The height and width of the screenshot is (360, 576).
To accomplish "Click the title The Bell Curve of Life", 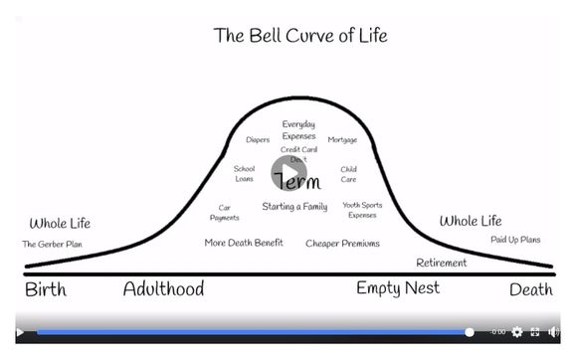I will click(300, 36).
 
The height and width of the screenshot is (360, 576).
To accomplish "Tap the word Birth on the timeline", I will click(47, 289).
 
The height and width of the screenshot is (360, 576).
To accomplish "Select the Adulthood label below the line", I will click(163, 289).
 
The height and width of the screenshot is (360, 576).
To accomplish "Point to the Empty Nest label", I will click(398, 289).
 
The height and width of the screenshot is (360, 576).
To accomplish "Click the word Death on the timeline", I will click(530, 290).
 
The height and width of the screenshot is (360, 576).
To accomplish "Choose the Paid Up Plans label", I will click(515, 240).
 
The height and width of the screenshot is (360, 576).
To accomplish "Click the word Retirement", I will click(442, 264).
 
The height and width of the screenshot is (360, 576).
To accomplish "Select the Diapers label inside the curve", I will click(258, 140).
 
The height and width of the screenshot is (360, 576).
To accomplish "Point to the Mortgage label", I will click(342, 140).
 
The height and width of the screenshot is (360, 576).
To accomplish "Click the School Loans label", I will click(244, 174).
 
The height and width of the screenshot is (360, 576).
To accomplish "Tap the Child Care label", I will click(348, 174).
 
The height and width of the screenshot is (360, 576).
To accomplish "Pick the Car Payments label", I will click(225, 213).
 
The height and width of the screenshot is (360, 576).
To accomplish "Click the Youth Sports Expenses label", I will click(362, 210).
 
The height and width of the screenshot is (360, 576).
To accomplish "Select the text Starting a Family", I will click(294, 207).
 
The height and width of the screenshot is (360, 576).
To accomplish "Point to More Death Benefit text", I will click(244, 243).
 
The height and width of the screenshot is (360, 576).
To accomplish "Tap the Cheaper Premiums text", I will click(342, 243).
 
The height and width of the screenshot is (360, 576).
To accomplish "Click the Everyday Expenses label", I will click(298, 129).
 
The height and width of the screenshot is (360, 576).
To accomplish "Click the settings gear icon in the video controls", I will click(516, 332).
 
